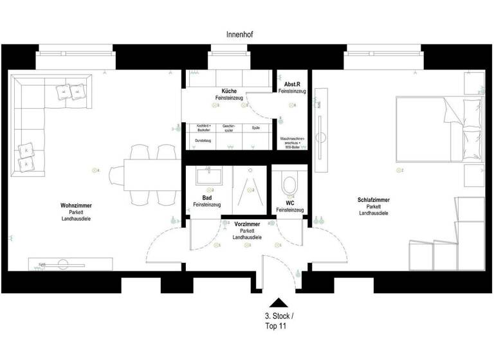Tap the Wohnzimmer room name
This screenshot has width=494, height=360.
pos(76,206)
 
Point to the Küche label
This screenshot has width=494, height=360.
pos(228,91)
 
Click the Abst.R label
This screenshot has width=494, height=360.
pos(293,85)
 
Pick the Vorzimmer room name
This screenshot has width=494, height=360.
pos(246,224)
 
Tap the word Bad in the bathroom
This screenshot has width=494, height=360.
pos(206,198)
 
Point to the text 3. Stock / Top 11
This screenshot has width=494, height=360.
pos(277,321)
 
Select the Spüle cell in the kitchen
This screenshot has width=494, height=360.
pos(255,128)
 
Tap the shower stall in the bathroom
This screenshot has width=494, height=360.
pos(248,190)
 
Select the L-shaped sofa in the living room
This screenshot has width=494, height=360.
pos(32,122)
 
